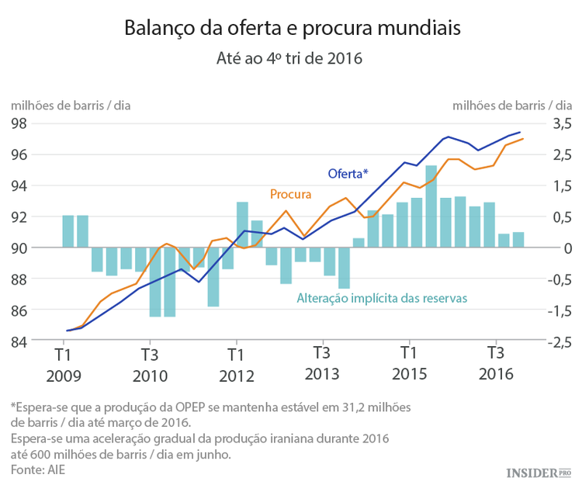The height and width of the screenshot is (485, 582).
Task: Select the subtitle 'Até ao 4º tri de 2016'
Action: pyautogui.click(x=292, y=58)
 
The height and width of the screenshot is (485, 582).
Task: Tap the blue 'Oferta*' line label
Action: pyautogui.click(x=347, y=172)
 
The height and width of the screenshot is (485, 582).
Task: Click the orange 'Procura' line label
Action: pyautogui.click(x=291, y=194)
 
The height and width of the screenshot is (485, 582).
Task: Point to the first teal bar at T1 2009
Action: pyautogui.click(x=68, y=231)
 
